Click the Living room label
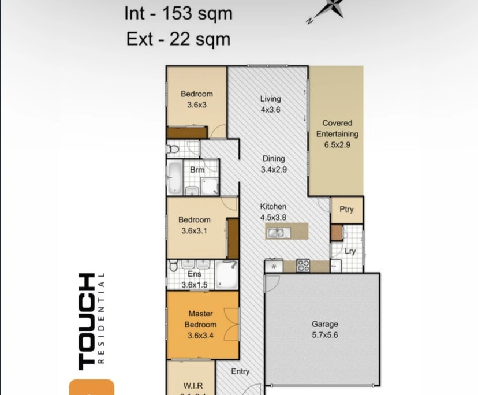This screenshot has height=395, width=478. coord(270,99)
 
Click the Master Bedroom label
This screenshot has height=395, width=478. coord(201,319)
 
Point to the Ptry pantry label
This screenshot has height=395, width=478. coord(346,210)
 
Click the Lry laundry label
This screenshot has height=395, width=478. coord(350,251)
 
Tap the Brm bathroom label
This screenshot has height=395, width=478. coord(197,170)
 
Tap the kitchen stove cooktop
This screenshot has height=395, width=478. coord(303,266)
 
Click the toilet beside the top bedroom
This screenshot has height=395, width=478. coord(172,149)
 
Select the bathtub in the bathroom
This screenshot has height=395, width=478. coord(174,177)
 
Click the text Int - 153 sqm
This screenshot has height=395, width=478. coord(178,14)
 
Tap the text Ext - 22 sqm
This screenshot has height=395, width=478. coord(178,39)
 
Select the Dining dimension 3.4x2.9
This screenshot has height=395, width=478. coord(274,170)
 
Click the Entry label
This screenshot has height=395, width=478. coord(240,371)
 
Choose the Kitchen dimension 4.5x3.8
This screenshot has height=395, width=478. coord(273,218)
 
